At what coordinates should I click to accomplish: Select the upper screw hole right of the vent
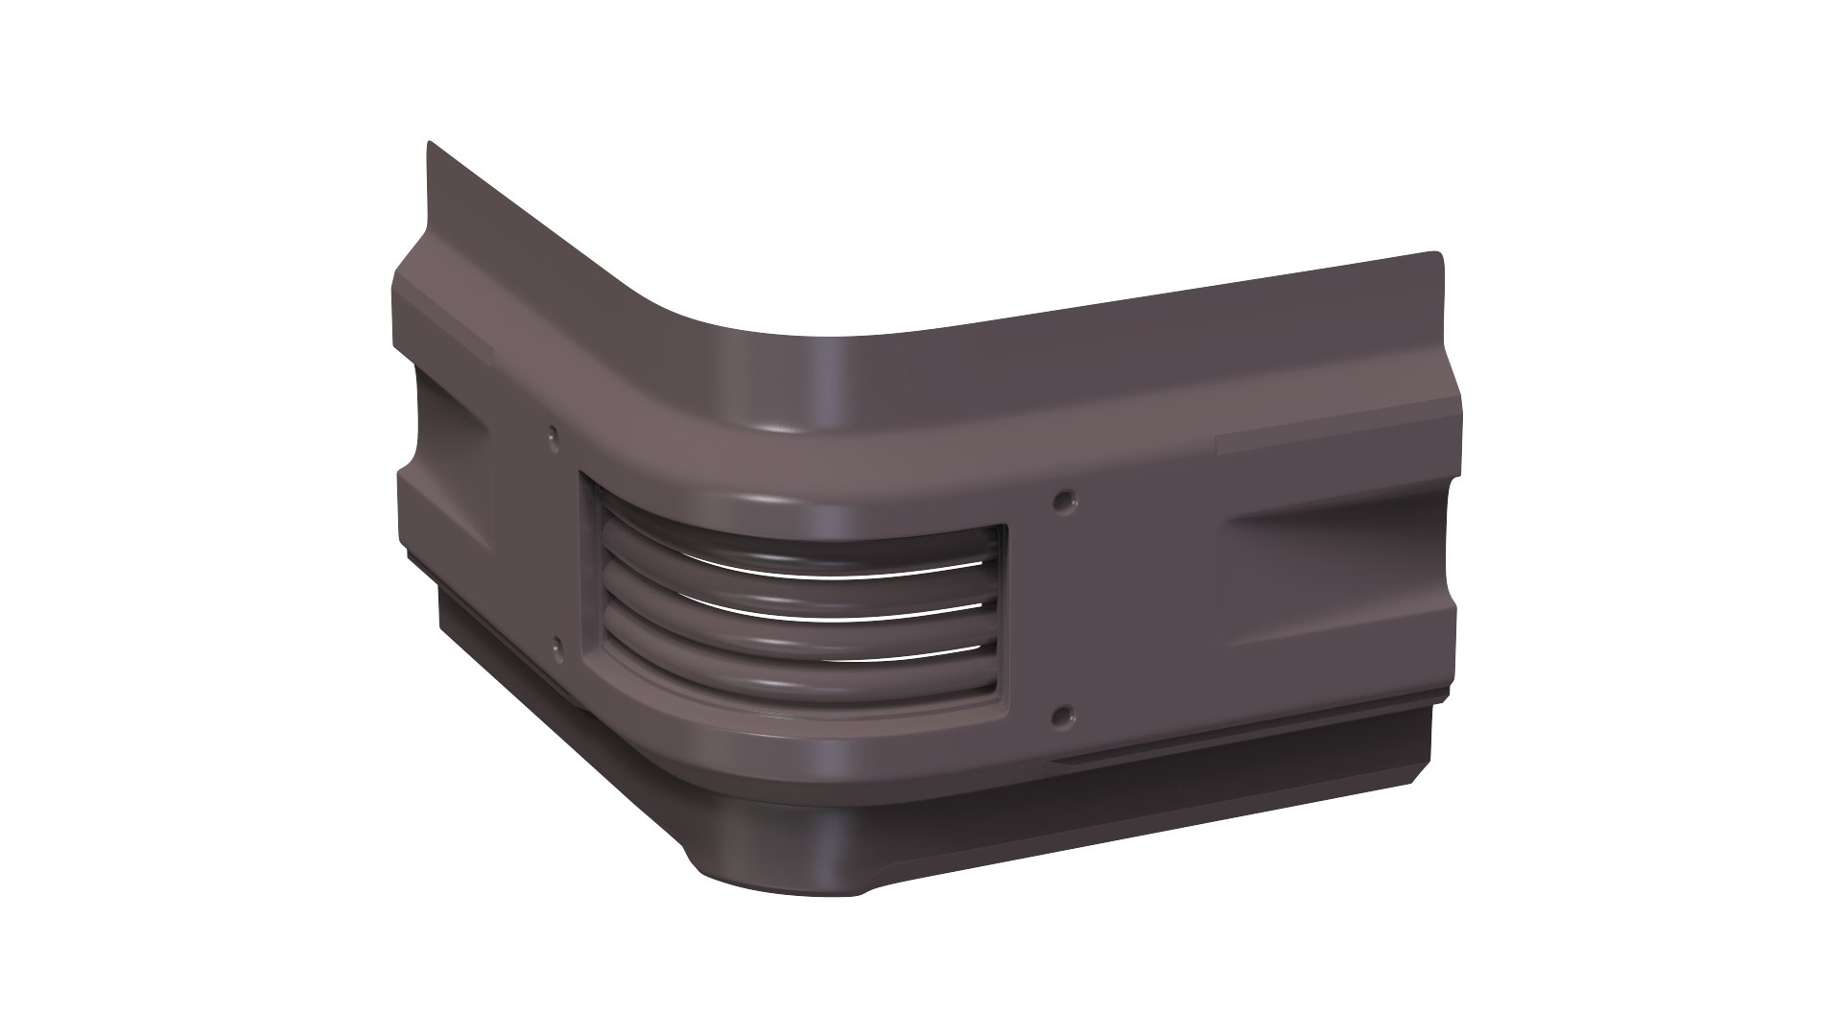point(1063,499)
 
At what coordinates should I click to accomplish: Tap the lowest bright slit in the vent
point(863,655)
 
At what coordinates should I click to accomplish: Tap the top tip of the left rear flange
point(429,146)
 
